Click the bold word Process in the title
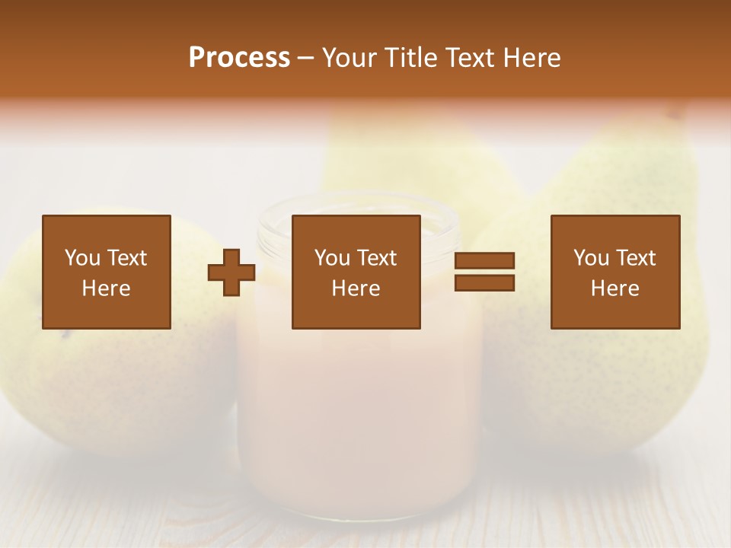coord(239,58)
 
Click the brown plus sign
coord(231,272)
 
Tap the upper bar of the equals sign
coord(484,261)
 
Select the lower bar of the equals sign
coord(484,283)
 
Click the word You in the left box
coord(82,258)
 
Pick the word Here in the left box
coord(106,288)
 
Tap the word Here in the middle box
coord(356,288)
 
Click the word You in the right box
coord(591,258)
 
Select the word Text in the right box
coord(635,258)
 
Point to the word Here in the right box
coord(614,288)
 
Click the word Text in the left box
coord(126,258)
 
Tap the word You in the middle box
coord(332,258)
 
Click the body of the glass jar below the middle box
coord(358,411)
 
